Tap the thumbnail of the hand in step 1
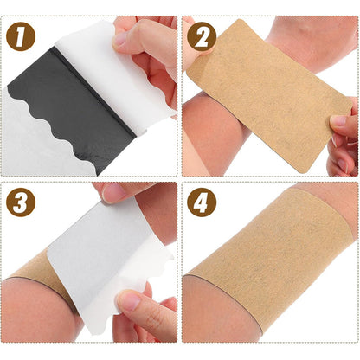click(x=122, y=40)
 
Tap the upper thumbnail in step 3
click(x=111, y=192)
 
